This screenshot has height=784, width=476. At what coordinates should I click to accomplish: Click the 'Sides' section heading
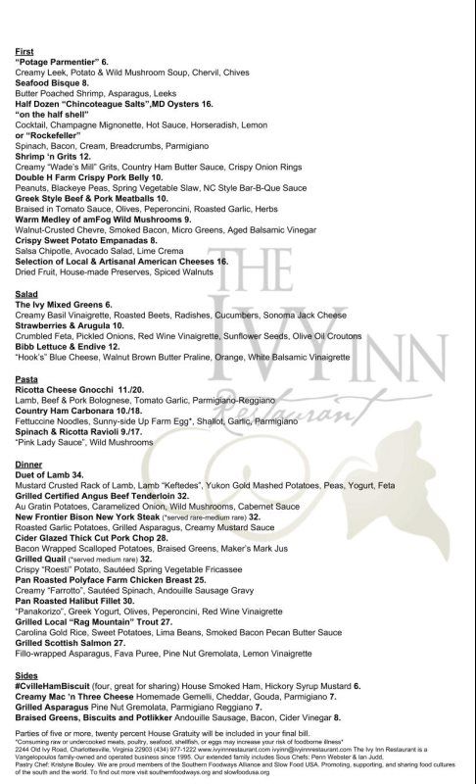click(27, 704)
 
